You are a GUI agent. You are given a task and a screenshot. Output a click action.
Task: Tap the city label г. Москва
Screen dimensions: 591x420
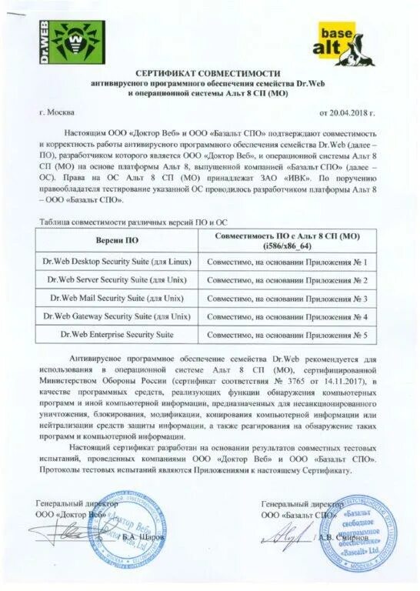tap(62, 112)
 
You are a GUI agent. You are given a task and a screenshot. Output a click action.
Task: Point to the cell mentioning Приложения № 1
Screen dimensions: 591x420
tap(291, 262)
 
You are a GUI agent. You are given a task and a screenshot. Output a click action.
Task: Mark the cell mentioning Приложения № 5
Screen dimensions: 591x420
tap(291, 336)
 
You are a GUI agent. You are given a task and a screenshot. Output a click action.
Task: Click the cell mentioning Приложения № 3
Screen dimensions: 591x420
tap(291, 299)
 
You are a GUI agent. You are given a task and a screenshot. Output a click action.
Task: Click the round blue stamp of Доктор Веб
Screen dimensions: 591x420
tap(141, 529)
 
